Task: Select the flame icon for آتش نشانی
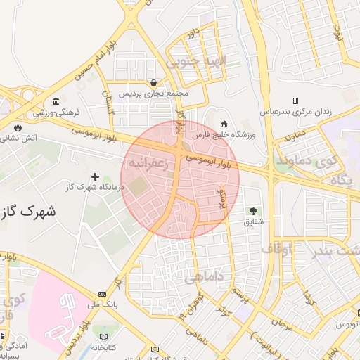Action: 17,127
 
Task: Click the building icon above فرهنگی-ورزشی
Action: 56,101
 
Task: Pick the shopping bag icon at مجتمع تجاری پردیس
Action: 153,82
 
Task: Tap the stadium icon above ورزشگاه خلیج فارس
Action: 224,123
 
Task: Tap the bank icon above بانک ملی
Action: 103,293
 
